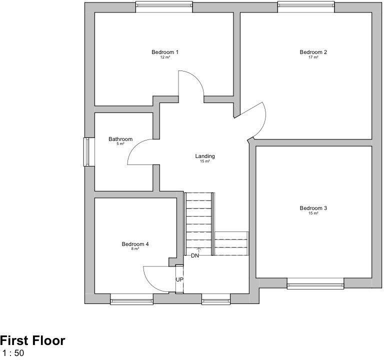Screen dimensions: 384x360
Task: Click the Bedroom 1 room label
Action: click(165, 52)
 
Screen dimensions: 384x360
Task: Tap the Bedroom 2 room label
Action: click(313, 52)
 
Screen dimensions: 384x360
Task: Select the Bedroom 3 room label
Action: click(313, 208)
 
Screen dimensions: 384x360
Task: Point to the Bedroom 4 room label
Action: click(135, 244)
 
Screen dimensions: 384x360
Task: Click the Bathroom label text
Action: click(120, 139)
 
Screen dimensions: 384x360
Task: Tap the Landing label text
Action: click(205, 156)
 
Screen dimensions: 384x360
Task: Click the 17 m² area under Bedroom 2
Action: click(313, 57)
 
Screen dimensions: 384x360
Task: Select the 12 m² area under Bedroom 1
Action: click(165, 57)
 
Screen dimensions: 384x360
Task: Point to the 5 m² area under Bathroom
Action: click(120, 144)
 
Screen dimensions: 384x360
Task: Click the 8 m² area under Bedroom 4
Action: click(135, 249)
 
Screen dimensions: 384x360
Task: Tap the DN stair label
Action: click(195, 255)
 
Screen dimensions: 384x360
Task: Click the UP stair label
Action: click(179, 279)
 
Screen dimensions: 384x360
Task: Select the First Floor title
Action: click(32, 341)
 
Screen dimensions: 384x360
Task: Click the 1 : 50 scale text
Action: click(13, 353)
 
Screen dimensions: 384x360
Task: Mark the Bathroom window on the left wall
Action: click(87, 151)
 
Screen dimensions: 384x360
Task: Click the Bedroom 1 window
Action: click(163, 6)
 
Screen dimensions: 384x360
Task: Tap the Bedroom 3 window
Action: click(315, 285)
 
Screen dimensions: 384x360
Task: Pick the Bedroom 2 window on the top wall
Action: click(306, 6)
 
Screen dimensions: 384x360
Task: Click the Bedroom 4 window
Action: click(131, 301)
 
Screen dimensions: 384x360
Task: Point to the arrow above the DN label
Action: click(199, 249)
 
